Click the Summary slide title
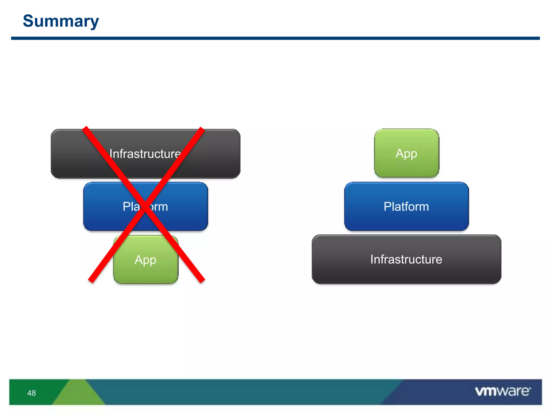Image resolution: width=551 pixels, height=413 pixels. (61, 21)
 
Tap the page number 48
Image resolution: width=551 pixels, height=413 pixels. (31, 393)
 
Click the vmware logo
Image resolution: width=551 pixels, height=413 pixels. (503, 391)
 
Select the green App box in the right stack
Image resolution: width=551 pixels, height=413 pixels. (407, 153)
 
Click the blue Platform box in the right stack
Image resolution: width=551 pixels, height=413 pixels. (406, 206)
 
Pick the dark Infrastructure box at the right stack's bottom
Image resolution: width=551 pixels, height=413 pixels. (406, 259)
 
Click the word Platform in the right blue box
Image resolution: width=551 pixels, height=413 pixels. (406, 206)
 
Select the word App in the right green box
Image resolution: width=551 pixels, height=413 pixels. (406, 154)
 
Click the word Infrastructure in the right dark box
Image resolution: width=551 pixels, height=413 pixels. (406, 259)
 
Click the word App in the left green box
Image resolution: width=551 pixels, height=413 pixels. (145, 260)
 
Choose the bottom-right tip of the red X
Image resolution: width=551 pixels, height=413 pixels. (202, 281)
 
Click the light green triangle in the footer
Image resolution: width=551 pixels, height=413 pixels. (78, 394)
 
